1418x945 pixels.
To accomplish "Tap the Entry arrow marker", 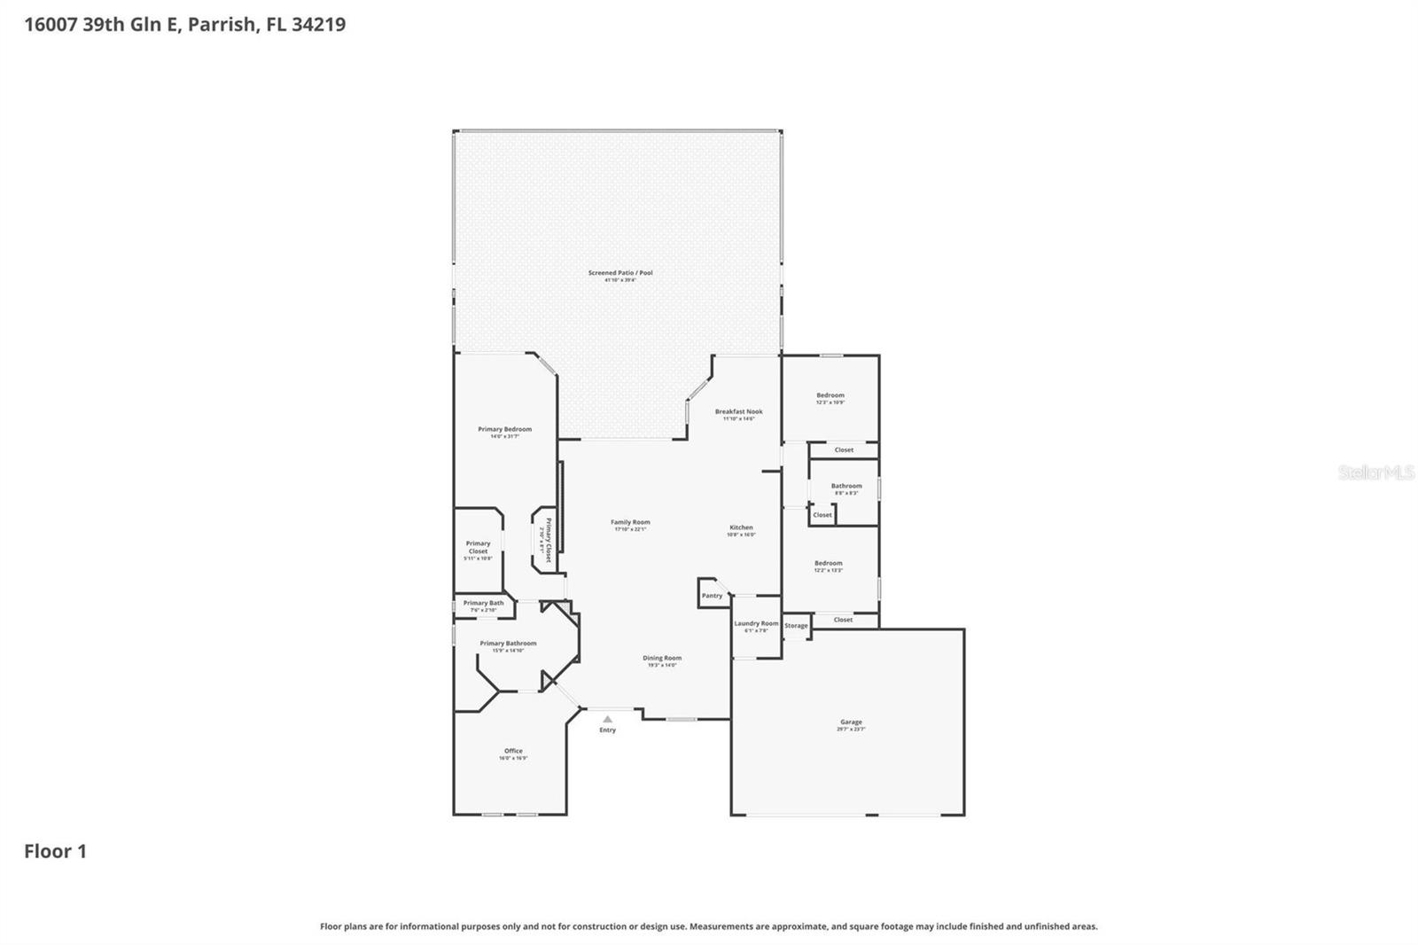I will pyautogui.click(x=607, y=719).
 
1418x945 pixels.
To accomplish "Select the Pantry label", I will pyautogui.click(x=712, y=596).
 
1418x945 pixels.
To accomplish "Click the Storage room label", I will pyautogui.click(x=796, y=626).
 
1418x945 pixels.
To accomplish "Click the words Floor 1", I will pyautogui.click(x=55, y=851).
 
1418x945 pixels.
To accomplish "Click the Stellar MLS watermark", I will pyautogui.click(x=1375, y=472).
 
